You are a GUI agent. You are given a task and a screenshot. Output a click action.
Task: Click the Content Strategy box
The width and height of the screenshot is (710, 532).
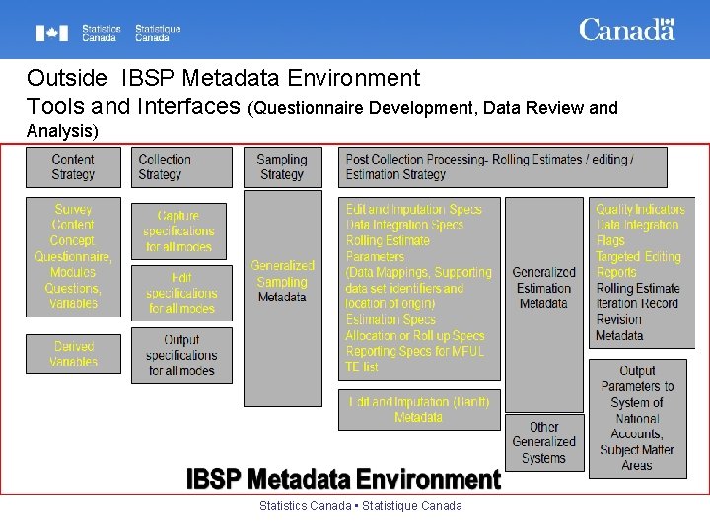[73, 167]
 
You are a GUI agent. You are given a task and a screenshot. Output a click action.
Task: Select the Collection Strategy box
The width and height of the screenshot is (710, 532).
[181, 167]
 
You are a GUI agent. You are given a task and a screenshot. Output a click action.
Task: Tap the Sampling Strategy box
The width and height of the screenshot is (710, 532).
[282, 167]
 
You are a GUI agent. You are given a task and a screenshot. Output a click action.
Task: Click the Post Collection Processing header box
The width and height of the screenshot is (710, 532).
[502, 167]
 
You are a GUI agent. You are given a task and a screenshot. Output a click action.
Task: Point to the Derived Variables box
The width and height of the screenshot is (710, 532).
[73, 354]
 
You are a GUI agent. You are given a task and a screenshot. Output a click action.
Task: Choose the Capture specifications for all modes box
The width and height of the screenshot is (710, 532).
[178, 232]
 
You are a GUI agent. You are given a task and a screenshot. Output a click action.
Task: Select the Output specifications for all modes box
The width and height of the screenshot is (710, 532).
[181, 356]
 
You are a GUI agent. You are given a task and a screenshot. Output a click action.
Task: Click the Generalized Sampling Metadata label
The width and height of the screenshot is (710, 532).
[282, 282]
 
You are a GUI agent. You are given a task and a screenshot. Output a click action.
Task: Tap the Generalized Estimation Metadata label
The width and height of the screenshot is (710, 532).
[543, 289]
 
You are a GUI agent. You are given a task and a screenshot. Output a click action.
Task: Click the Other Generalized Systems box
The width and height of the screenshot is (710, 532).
[543, 442]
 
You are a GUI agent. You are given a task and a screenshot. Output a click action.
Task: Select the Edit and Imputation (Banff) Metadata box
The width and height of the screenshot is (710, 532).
[418, 409]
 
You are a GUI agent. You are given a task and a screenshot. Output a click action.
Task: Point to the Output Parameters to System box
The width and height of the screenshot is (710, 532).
[637, 418]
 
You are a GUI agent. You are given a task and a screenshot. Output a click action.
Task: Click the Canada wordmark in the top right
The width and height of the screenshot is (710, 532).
[626, 30]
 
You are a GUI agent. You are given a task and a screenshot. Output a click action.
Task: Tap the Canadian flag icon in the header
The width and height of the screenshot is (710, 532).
[52, 33]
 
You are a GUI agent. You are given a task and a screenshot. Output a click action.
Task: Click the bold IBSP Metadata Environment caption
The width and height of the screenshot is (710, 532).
[343, 480]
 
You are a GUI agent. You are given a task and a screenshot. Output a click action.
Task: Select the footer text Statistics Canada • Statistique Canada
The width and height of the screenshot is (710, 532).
[360, 506]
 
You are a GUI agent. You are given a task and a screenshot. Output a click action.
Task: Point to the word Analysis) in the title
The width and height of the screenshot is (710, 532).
[62, 131]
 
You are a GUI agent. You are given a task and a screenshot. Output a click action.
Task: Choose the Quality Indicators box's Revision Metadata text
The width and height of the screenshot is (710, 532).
[619, 327]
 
